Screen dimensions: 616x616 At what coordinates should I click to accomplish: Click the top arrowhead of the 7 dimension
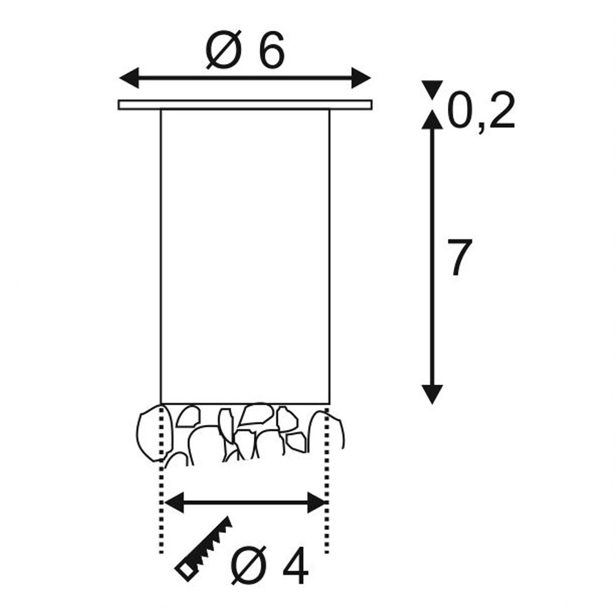click(x=433, y=121)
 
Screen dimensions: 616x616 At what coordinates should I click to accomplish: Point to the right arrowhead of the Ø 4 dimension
click(x=317, y=502)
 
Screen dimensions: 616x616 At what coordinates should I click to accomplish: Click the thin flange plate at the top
click(x=245, y=105)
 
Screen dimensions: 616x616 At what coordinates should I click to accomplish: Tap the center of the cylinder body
click(x=245, y=256)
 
